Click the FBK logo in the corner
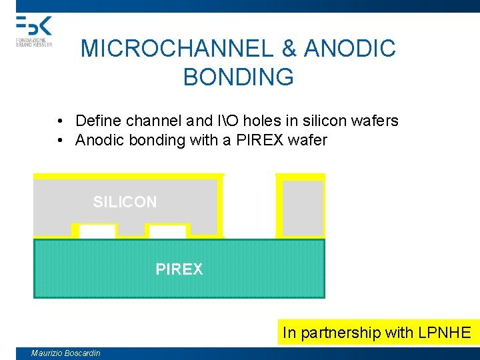[33, 30]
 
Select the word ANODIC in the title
[350, 49]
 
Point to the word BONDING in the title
[238, 77]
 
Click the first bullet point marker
[60, 121]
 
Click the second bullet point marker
[60, 141]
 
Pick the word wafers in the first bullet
[377, 121]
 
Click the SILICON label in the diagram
[125, 202]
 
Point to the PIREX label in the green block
[179, 269]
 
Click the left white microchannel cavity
[97, 231]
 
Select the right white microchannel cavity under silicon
[167, 231]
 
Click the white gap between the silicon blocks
[249, 207]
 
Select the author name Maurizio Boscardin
[65, 353]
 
